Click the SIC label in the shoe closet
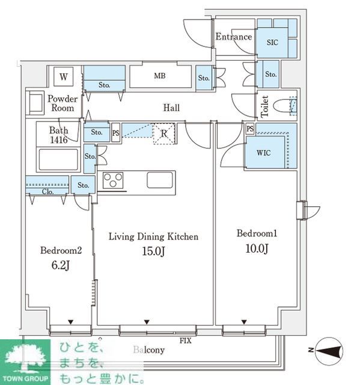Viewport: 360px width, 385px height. click(272, 42)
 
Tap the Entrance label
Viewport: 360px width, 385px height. click(234, 37)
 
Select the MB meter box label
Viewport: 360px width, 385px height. click(160, 76)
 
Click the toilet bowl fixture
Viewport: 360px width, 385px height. click(285, 106)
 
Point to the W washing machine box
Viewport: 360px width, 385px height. click(64, 77)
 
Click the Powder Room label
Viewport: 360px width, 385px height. click(63, 103)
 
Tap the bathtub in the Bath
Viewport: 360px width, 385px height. click(58, 159)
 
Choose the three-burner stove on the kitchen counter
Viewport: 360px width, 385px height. click(113, 180)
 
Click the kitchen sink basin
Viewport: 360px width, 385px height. click(160, 180)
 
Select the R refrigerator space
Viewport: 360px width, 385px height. click(164, 134)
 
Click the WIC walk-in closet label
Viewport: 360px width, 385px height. click(264, 153)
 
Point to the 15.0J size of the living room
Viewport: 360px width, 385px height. click(153, 251)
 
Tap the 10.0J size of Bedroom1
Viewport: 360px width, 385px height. click(257, 248)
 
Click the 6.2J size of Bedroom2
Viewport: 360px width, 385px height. click(61, 265)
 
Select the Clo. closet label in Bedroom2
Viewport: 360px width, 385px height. click(47, 191)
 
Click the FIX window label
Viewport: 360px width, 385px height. click(185, 340)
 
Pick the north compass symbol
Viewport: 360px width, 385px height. click(329, 351)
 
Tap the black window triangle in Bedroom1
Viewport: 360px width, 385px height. click(244, 322)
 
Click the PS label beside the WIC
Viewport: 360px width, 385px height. click(250, 129)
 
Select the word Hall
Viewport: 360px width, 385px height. click(171, 108)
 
